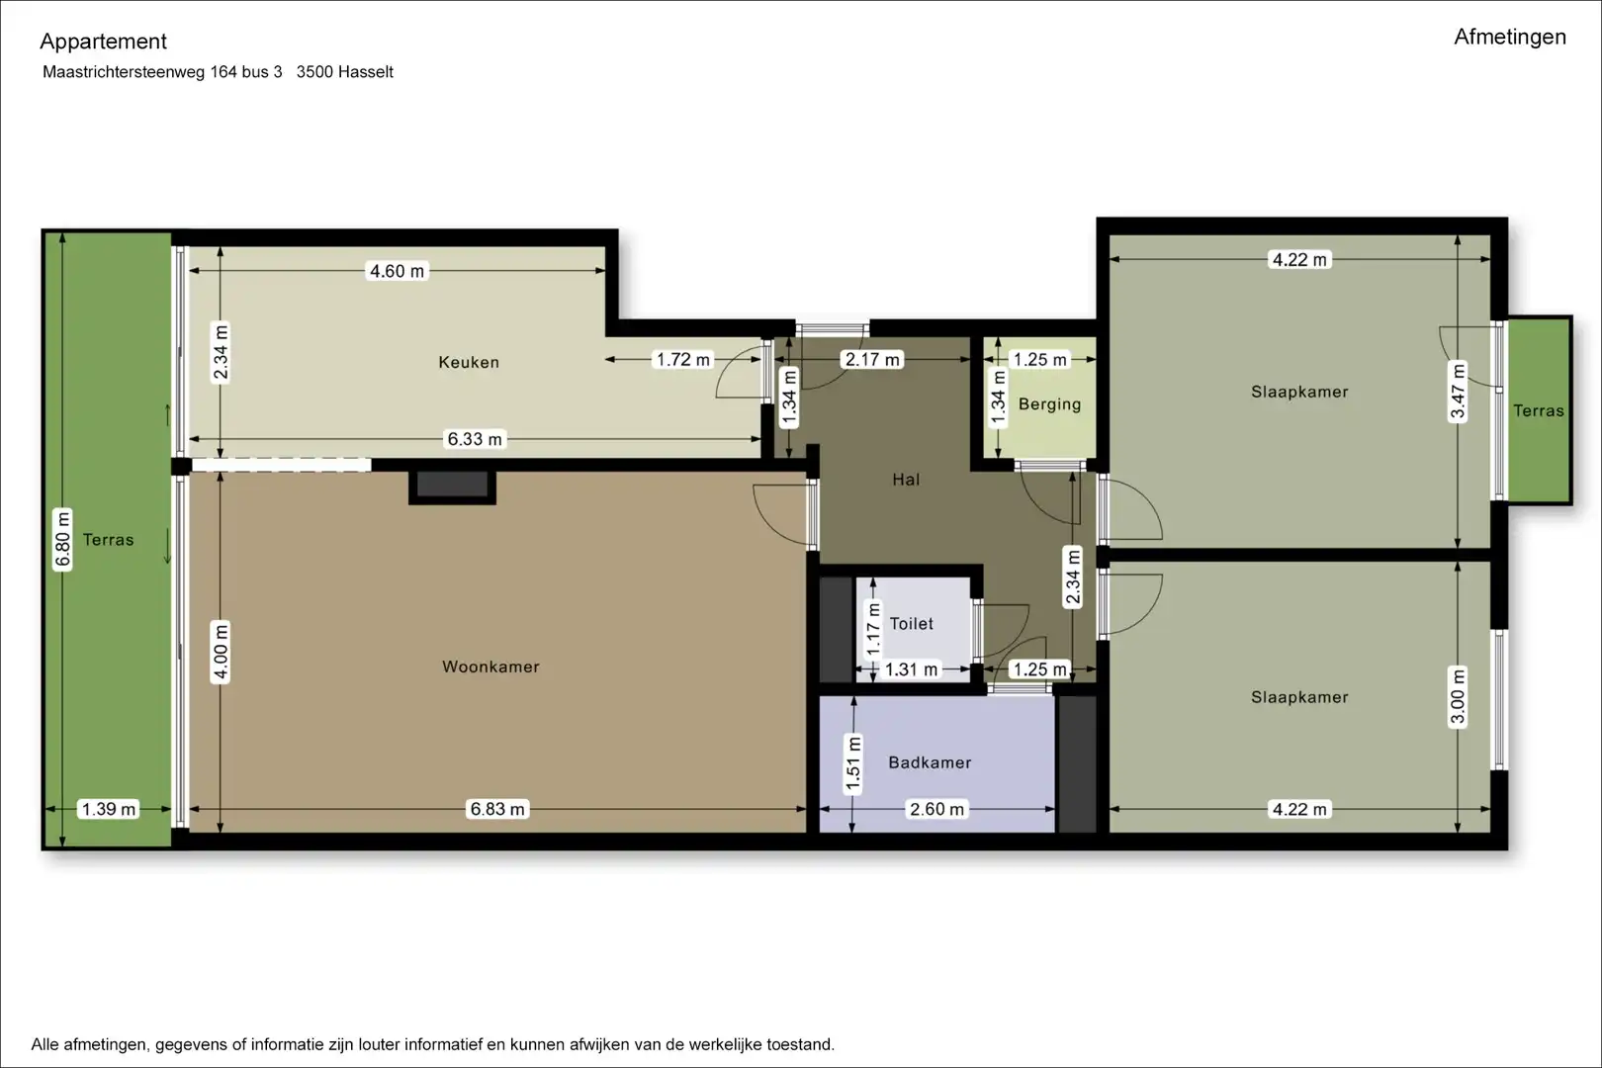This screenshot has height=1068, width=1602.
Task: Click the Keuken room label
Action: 469,362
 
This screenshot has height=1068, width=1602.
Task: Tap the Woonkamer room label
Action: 490,667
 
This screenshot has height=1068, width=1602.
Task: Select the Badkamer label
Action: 930,762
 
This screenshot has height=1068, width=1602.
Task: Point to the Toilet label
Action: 911,624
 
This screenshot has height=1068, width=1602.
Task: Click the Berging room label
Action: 1050,404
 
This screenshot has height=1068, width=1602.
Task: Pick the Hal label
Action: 906,480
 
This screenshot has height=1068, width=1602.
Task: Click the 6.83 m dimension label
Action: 496,809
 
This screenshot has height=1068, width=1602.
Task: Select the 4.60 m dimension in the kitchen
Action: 397,271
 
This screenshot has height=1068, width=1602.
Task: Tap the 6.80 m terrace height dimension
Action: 63,539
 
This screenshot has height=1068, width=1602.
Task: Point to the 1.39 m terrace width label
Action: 108,809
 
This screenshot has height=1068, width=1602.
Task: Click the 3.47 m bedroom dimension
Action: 1458,392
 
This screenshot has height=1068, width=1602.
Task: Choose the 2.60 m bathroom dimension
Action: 936,809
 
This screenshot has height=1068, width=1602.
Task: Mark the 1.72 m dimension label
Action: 683,359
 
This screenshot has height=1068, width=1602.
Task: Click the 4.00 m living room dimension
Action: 221,653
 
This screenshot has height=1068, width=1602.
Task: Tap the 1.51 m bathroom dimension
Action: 852,764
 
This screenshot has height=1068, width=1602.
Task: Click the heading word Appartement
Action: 103,42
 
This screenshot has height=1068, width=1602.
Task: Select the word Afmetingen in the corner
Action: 1510,37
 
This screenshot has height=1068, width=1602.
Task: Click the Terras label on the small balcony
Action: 1539,410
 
